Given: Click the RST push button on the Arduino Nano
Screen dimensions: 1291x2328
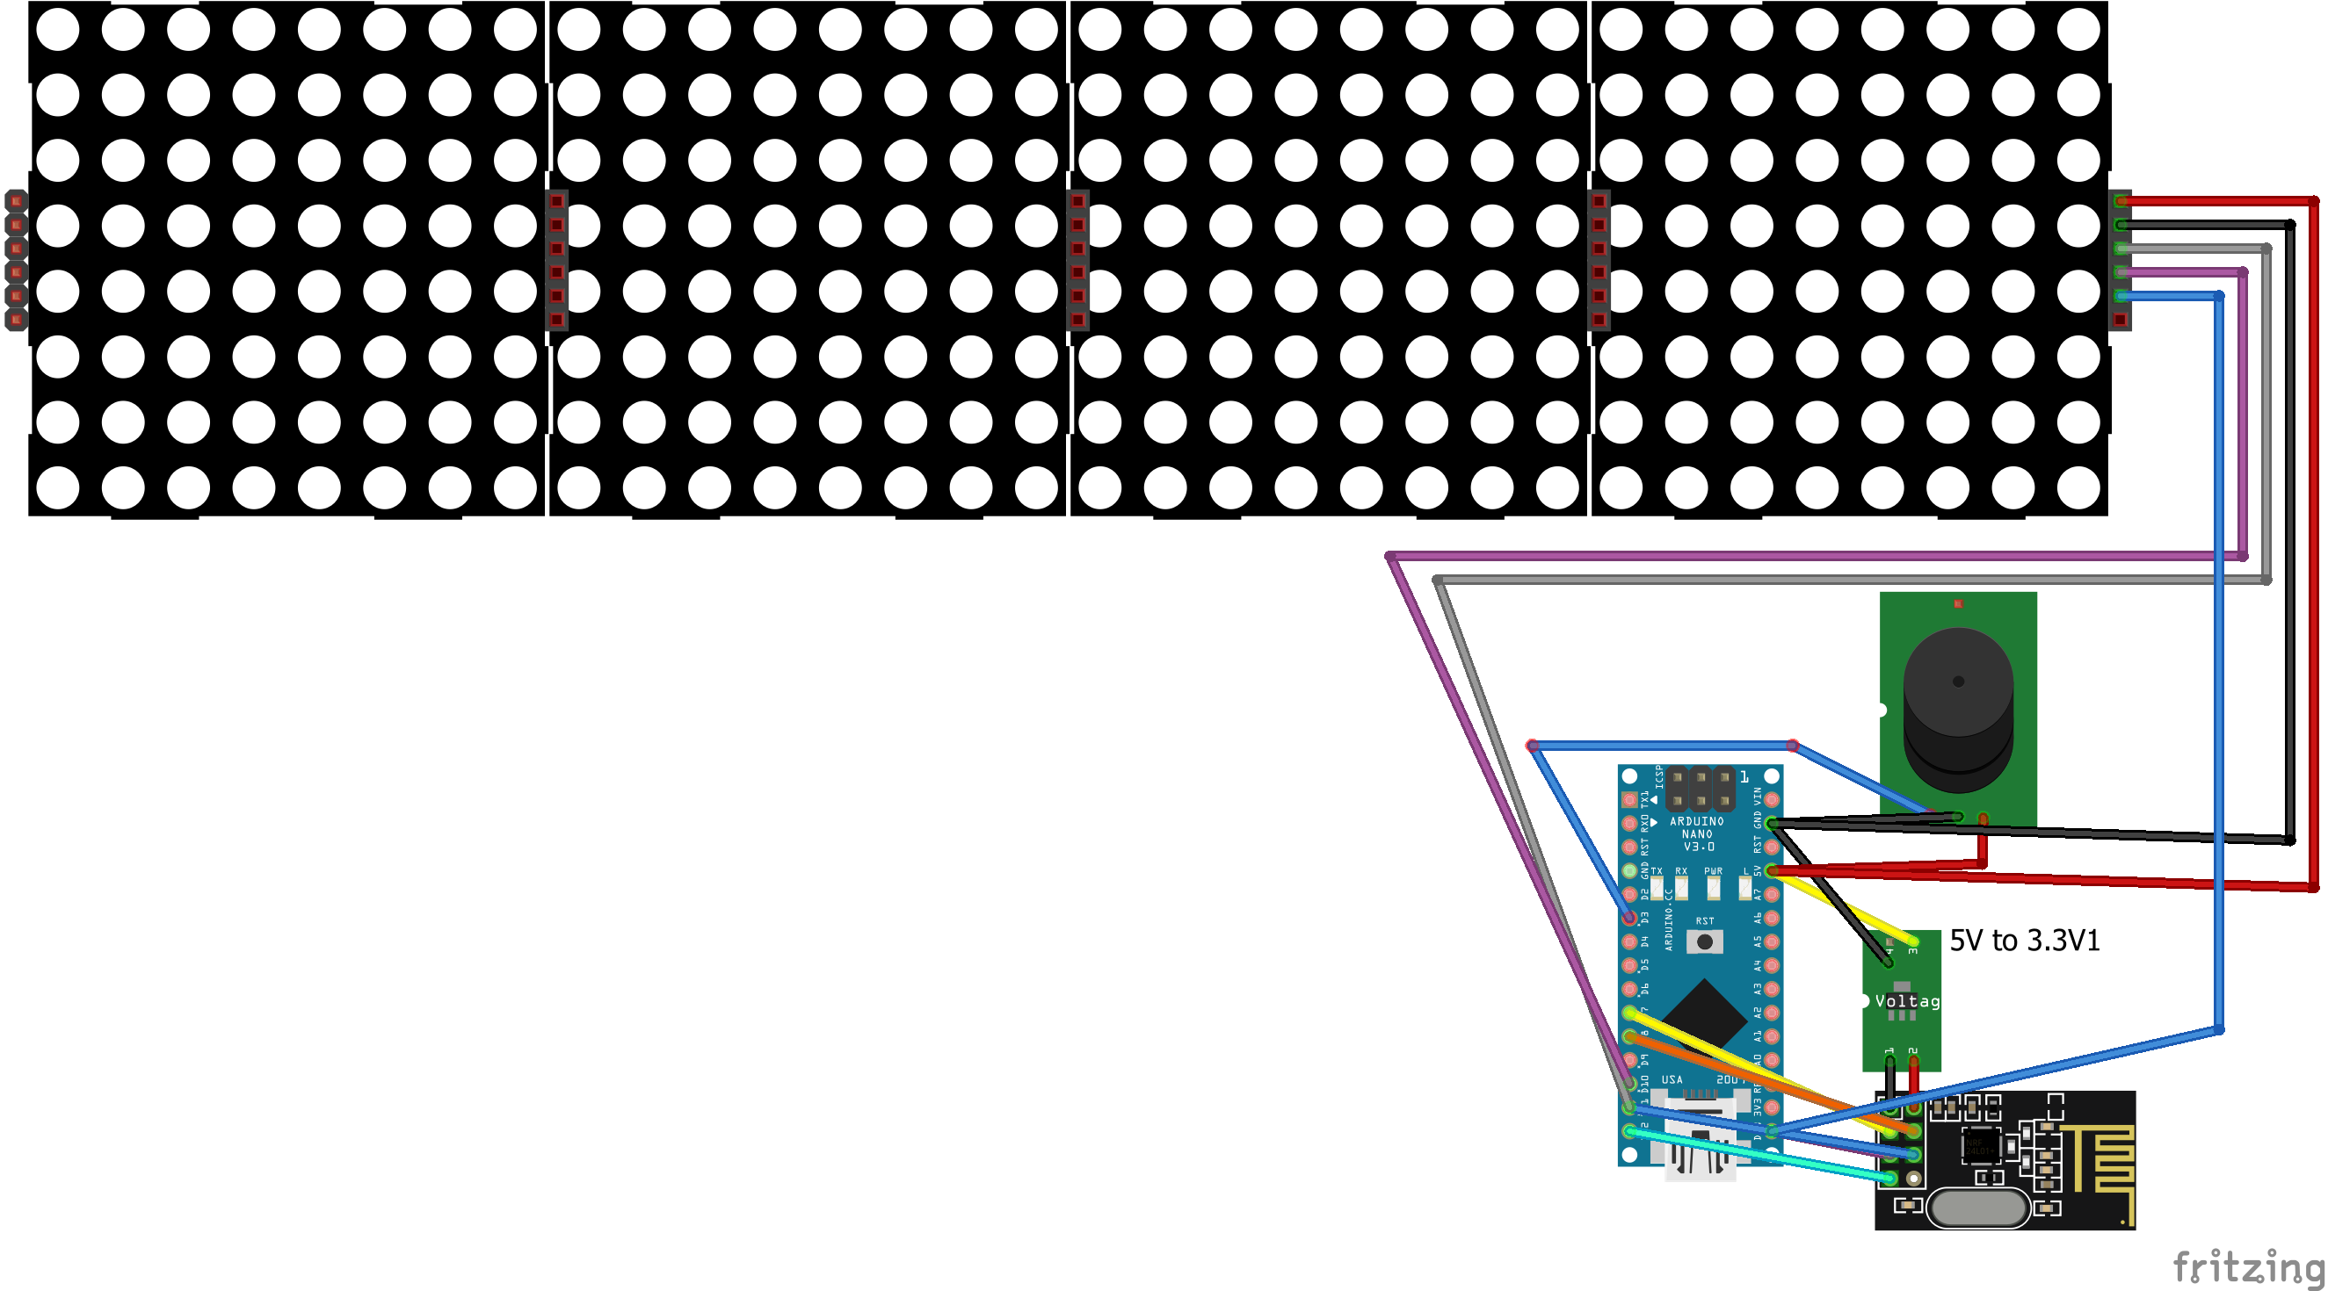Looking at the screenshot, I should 1704,941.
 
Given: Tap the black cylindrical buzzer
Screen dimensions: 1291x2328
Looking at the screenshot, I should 1957,714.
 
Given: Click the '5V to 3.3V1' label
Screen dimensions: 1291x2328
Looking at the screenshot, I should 2024,941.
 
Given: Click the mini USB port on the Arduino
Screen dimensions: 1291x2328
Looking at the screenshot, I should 1700,1147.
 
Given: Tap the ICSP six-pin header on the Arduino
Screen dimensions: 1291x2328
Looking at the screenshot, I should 1700,789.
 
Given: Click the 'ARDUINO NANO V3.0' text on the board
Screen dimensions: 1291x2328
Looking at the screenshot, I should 1697,833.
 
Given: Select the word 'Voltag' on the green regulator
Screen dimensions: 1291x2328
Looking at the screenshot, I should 1906,1001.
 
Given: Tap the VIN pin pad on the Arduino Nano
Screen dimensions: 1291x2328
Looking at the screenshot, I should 1772,799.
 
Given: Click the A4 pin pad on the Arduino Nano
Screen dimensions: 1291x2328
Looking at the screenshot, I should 1772,965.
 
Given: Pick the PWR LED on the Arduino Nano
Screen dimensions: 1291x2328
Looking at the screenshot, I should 1713,886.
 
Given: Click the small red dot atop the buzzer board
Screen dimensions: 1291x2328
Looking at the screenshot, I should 1957,603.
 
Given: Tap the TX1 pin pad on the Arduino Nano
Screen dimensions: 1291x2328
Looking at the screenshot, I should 1629,799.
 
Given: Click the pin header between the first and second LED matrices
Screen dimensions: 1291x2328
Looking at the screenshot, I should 556,259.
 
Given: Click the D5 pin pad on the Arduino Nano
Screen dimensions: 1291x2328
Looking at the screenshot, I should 1629,965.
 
